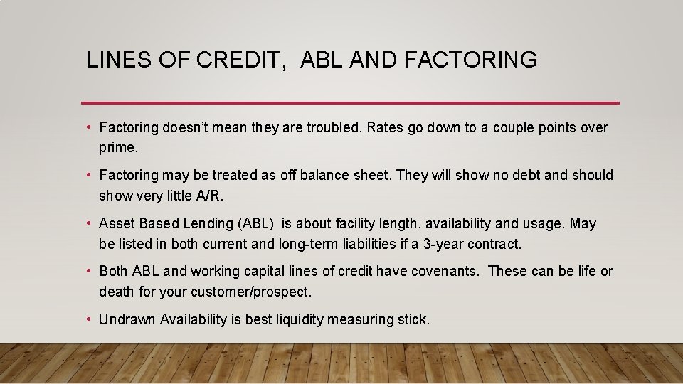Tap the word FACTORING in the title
[470, 60]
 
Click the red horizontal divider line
[350, 103]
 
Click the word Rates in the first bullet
[386, 128]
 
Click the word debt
[507, 175]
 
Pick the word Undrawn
[127, 319]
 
